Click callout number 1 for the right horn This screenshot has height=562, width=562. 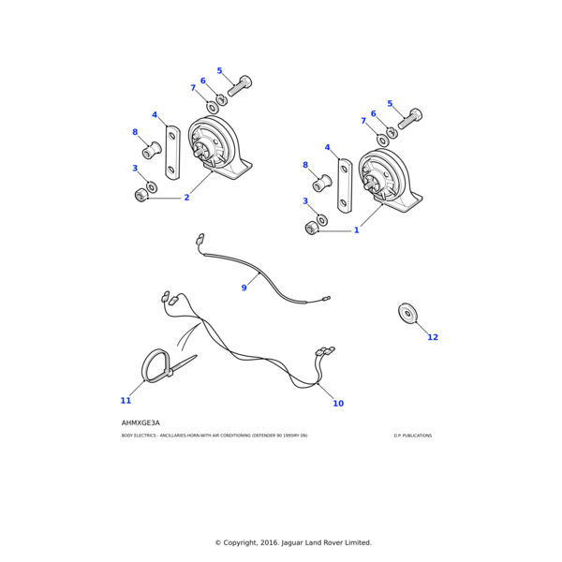(x=356, y=230)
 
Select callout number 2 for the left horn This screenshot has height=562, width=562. (x=186, y=198)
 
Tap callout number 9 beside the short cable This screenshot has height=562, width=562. (x=244, y=288)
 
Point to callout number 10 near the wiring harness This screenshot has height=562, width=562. (x=338, y=404)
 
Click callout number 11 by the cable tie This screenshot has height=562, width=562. (x=126, y=401)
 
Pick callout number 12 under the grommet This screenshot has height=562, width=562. (x=433, y=337)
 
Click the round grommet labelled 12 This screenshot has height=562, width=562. (x=407, y=314)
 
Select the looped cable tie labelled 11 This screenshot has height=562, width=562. (x=157, y=364)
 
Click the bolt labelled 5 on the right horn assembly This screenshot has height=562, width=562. (x=410, y=119)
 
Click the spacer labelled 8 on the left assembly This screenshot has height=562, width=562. (x=151, y=150)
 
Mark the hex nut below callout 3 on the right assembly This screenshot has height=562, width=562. (x=311, y=229)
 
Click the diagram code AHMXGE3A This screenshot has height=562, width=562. (x=140, y=422)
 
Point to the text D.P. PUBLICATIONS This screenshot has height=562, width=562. (x=412, y=436)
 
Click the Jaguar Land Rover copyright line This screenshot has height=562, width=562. (x=293, y=542)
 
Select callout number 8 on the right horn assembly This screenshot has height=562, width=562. (x=304, y=165)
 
